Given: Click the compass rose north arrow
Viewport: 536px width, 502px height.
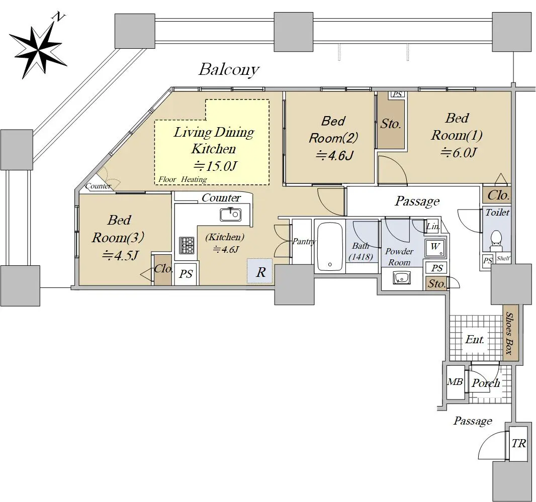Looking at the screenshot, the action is click(38, 48).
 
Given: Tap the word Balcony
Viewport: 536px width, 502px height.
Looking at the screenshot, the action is click(229, 70).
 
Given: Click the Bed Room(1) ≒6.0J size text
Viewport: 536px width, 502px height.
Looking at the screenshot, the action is click(459, 152).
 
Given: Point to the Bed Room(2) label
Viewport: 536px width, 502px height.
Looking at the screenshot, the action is click(333, 130).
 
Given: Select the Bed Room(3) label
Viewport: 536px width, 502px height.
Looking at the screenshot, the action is click(118, 229).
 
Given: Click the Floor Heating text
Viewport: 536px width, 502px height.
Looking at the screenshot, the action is click(183, 179).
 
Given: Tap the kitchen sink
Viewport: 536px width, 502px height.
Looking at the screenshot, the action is click(231, 215).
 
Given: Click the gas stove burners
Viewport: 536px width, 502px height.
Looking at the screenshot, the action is click(187, 245).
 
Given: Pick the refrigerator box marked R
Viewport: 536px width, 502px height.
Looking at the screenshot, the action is click(260, 271).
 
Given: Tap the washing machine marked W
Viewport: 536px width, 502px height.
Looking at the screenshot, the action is click(435, 248).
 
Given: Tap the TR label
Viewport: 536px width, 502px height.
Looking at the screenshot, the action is click(518, 444).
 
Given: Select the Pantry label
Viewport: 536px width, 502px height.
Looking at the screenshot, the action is click(304, 242).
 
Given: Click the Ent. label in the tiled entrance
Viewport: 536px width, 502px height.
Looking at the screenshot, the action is click(475, 339).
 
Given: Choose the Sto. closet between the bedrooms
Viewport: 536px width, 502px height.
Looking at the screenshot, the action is click(391, 124).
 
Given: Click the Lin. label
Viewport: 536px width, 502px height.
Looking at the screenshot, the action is click(432, 226).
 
